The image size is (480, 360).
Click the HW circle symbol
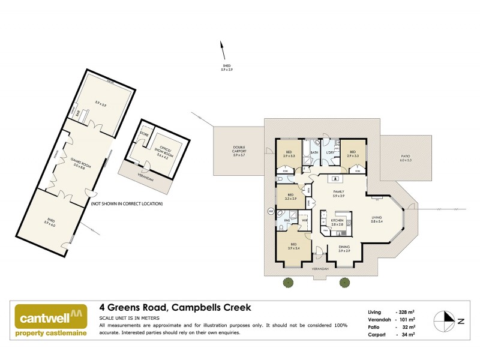[x=271, y=211]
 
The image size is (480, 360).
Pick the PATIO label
[x=406, y=157]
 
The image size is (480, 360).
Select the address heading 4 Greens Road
[x=175, y=308]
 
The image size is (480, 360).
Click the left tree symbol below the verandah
[x=289, y=281]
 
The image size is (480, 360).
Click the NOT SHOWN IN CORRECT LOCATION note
[x=127, y=203]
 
